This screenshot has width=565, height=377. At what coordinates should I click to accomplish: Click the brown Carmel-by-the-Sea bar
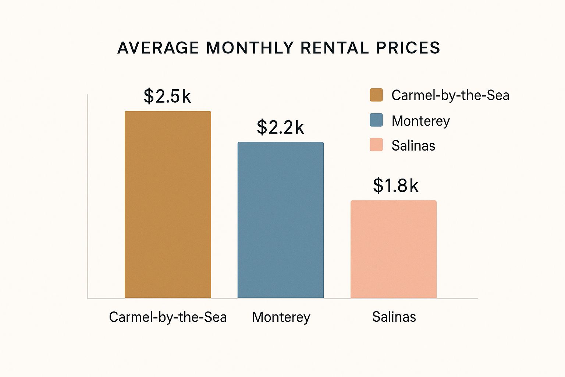(x=168, y=204)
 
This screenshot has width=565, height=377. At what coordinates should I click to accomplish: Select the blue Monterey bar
(x=281, y=220)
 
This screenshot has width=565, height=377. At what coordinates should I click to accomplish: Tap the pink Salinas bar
(x=394, y=249)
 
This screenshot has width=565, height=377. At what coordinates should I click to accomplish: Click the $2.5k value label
(x=167, y=96)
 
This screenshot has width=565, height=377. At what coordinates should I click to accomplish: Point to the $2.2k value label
(x=280, y=127)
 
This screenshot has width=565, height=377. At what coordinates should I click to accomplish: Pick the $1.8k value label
(x=396, y=186)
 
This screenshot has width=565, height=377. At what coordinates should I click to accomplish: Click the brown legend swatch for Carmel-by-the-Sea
(x=376, y=95)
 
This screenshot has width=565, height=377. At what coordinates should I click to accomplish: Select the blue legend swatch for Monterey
(x=376, y=120)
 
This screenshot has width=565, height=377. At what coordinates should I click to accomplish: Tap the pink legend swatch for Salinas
(x=376, y=145)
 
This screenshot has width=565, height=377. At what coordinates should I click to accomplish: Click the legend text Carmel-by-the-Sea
(x=450, y=95)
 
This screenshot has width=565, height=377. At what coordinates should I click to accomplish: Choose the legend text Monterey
(x=421, y=121)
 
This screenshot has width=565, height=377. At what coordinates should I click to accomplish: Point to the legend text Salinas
(x=413, y=146)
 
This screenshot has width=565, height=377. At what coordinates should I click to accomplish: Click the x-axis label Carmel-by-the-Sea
(x=168, y=317)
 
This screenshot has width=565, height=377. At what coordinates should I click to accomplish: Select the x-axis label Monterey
(x=281, y=317)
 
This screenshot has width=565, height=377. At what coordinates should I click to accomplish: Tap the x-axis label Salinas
(x=394, y=317)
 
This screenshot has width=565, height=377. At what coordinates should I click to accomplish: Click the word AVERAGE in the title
(x=158, y=48)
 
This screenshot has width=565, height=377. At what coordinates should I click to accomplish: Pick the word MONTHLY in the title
(x=250, y=48)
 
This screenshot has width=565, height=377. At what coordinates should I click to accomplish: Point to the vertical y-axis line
(x=88, y=195)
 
